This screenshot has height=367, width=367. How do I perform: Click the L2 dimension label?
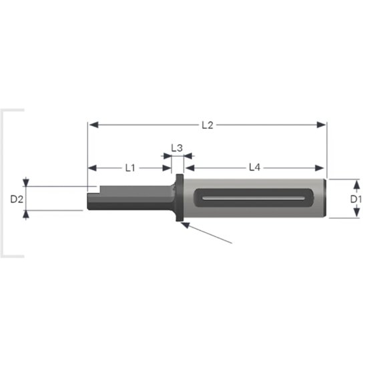(x=207, y=125)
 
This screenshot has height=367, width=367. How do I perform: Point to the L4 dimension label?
(x=254, y=168)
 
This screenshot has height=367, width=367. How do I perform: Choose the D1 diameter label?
(x=356, y=198)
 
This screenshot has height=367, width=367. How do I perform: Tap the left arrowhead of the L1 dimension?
(x=92, y=168)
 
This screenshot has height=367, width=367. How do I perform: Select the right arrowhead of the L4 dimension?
(x=323, y=168)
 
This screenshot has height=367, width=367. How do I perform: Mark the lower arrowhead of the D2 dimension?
(x=26, y=214)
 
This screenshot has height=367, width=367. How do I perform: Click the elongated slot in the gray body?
(x=254, y=198)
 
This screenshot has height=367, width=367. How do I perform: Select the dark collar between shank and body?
(x=179, y=199)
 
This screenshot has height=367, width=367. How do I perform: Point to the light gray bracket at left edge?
(x=5, y=183)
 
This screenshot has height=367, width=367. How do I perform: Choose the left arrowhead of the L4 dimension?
(x=189, y=168)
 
